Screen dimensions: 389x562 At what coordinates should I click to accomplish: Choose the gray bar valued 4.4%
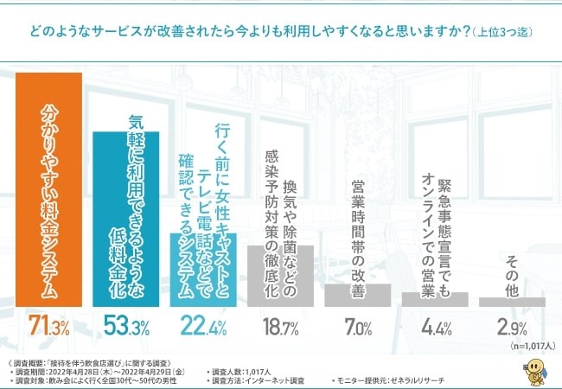coord(434,299)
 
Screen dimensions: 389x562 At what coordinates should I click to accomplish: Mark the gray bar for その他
coord(512,303)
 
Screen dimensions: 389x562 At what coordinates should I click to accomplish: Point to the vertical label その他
coord(512,276)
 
